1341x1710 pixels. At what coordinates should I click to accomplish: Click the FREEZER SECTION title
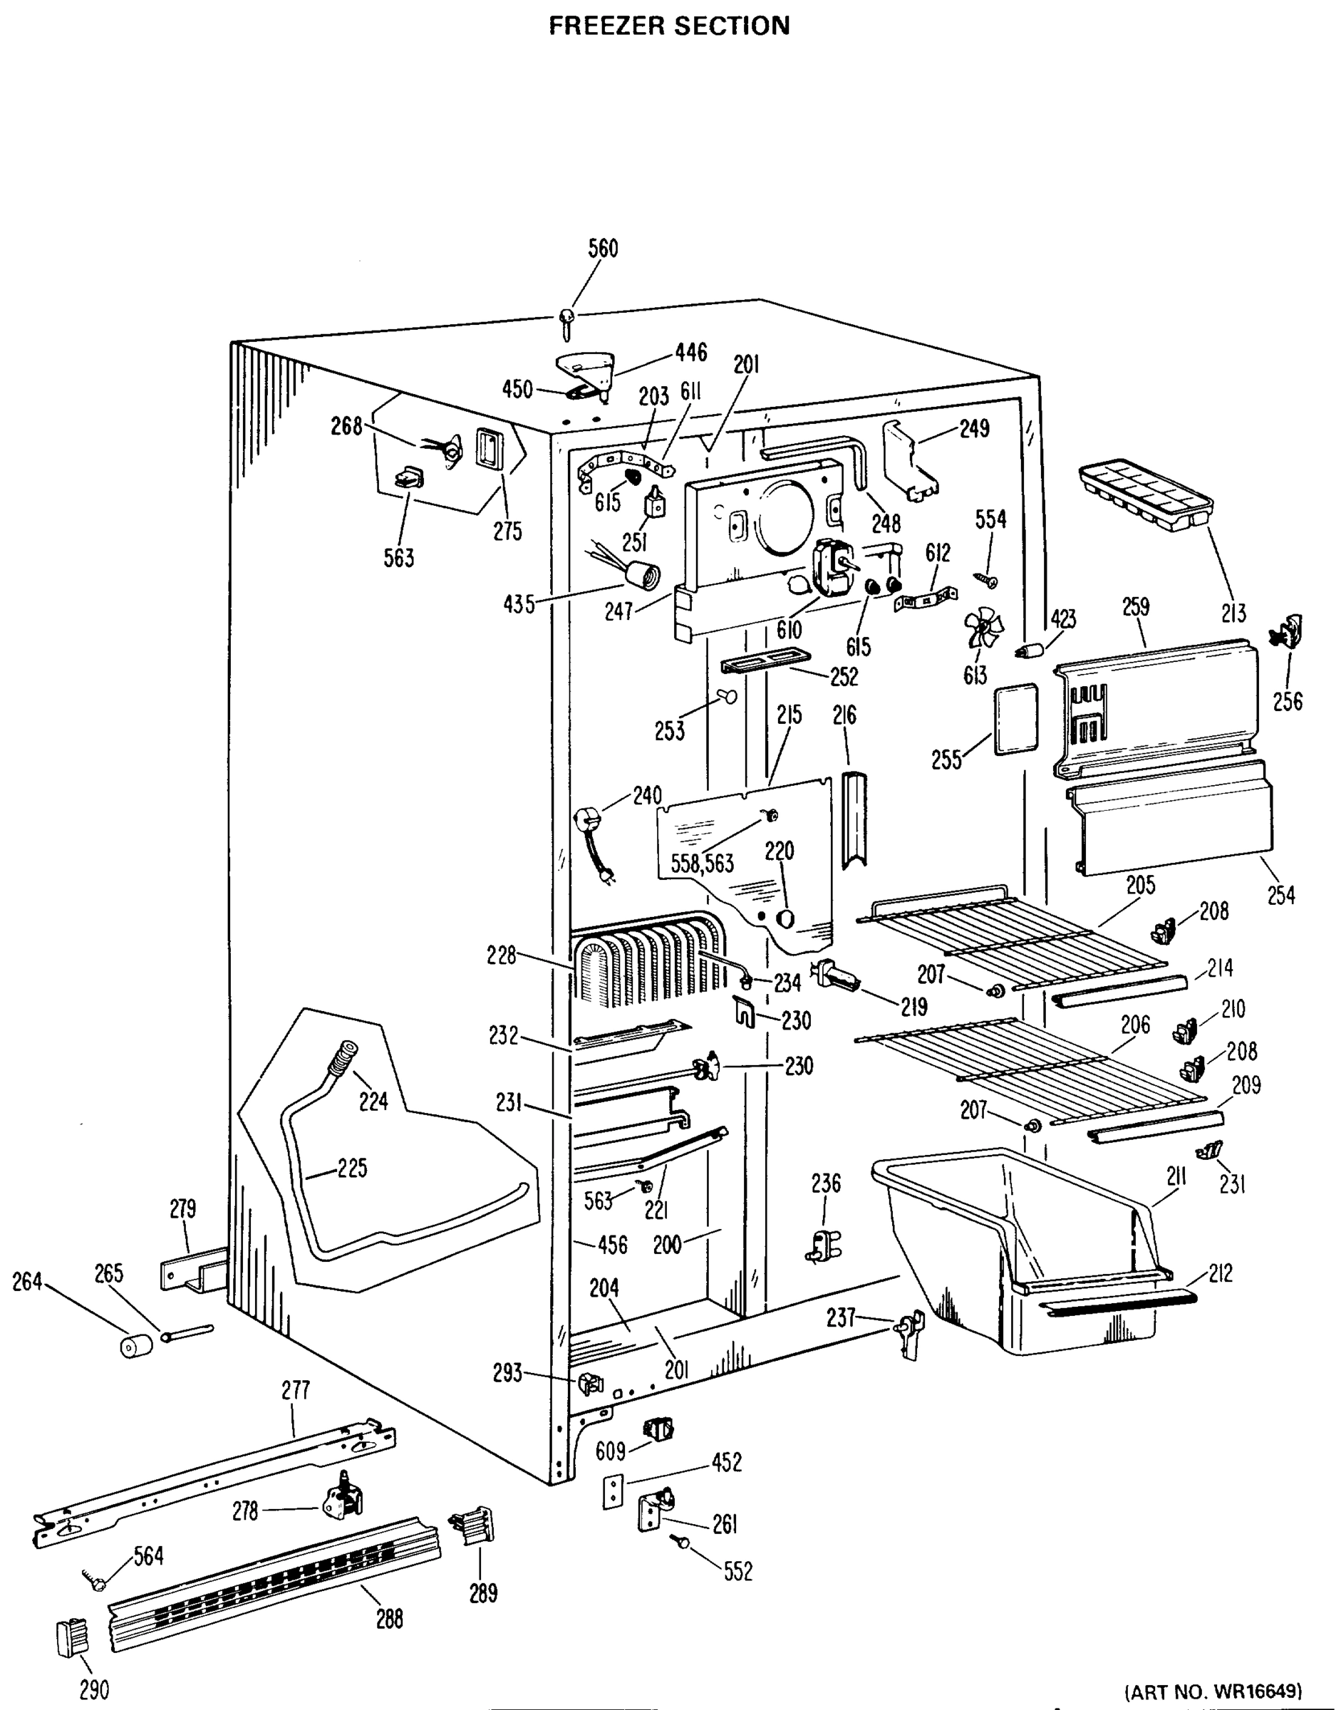[x=669, y=25]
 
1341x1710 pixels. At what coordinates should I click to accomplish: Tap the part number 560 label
[x=603, y=249]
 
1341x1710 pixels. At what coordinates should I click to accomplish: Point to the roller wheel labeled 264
[x=135, y=1347]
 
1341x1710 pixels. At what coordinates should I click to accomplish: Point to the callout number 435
[x=519, y=606]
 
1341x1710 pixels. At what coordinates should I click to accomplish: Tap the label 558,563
[x=702, y=864]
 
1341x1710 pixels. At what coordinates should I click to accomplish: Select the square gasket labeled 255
[x=1016, y=719]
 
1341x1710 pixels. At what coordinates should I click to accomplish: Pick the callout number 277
[x=295, y=1391]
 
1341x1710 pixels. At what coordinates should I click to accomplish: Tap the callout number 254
[x=1281, y=894]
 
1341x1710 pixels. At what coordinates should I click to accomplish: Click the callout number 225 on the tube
[x=352, y=1169]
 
